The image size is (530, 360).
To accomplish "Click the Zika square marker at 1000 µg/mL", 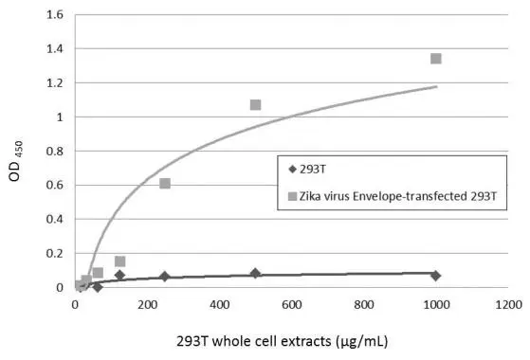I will (435, 59).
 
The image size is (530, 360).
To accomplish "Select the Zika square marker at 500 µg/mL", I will (255, 104).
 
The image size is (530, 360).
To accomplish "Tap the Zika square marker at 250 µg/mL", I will (165, 183).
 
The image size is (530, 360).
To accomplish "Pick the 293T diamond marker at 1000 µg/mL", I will (435, 276).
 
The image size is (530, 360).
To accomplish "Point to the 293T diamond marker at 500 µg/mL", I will (255, 274).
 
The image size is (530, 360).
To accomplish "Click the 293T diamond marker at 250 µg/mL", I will (165, 277).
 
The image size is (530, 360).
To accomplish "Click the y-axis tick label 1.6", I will (54, 15).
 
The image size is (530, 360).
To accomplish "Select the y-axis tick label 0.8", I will (54, 152).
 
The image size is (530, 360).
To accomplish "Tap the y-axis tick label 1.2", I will (54, 83).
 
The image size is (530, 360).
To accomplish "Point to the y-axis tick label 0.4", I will (54, 220).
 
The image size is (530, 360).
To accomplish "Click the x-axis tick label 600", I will (291, 305).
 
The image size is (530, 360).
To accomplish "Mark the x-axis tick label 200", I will (147, 305).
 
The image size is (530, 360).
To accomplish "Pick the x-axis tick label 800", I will (363, 305).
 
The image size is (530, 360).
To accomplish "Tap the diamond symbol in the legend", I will (293, 171).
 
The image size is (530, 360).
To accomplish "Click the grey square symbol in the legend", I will (293, 196).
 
